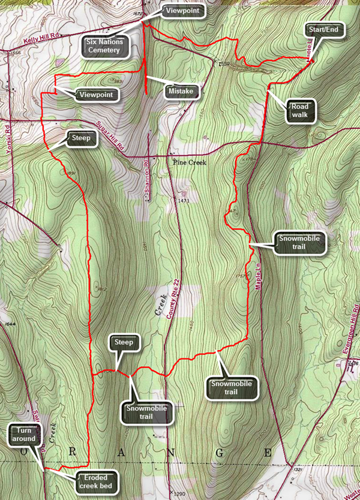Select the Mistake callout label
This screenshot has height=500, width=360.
tap(181, 91)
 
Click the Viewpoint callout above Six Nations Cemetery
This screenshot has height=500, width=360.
tap(184, 10)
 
